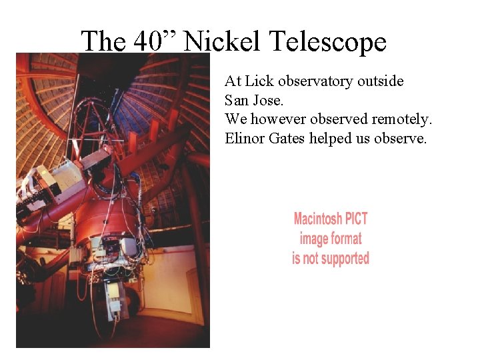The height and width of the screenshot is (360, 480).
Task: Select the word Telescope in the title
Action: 328,42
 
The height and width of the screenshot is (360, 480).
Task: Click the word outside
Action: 381,81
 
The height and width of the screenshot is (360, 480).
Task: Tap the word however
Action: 281,119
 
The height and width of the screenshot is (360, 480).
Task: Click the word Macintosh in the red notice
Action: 317,219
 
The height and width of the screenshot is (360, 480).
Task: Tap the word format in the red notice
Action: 347,239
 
